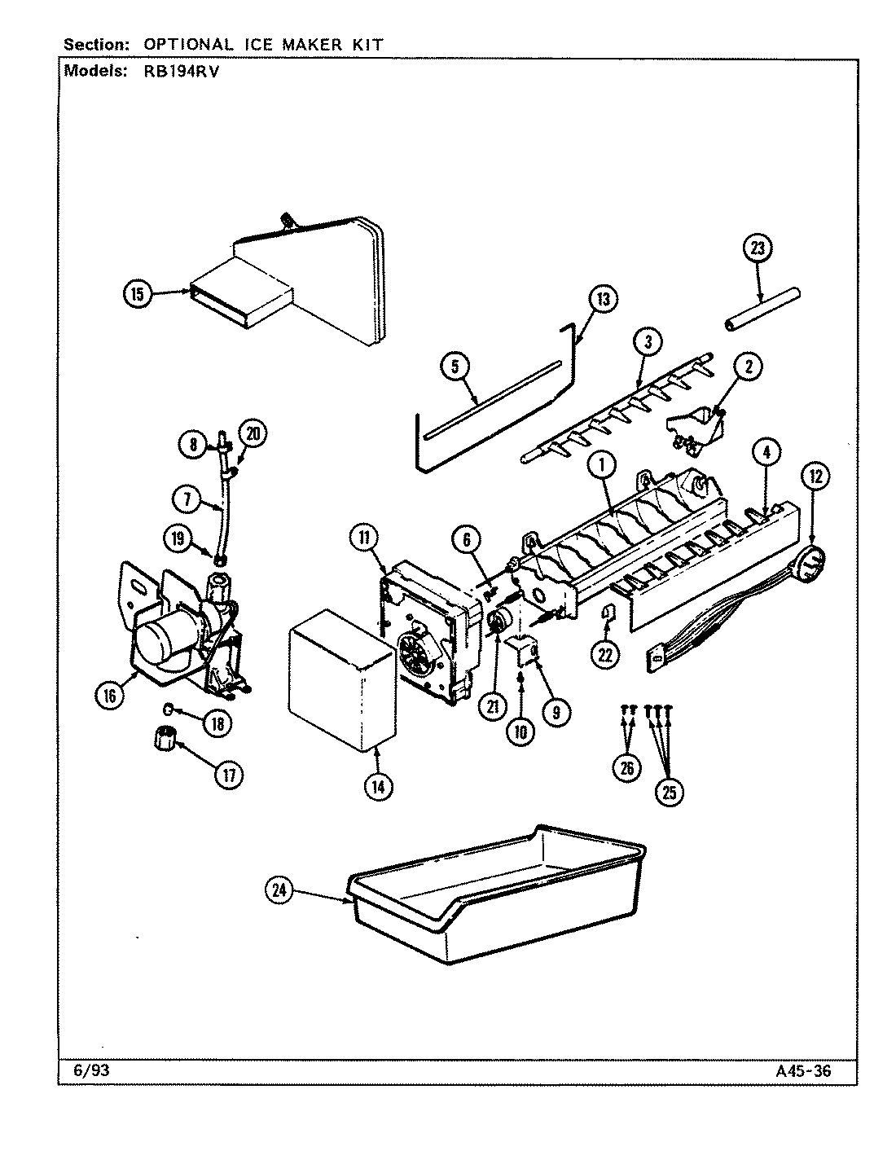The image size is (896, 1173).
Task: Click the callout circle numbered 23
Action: (758, 249)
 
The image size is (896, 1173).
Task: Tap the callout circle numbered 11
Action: (365, 537)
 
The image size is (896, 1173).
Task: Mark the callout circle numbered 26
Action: (626, 768)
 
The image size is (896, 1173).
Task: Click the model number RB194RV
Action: (177, 71)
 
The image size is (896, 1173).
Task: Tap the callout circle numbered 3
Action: (648, 342)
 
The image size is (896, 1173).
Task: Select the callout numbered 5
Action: (455, 367)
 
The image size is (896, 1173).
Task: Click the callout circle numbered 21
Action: (492, 707)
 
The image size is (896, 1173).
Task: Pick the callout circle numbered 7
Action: (187, 499)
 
